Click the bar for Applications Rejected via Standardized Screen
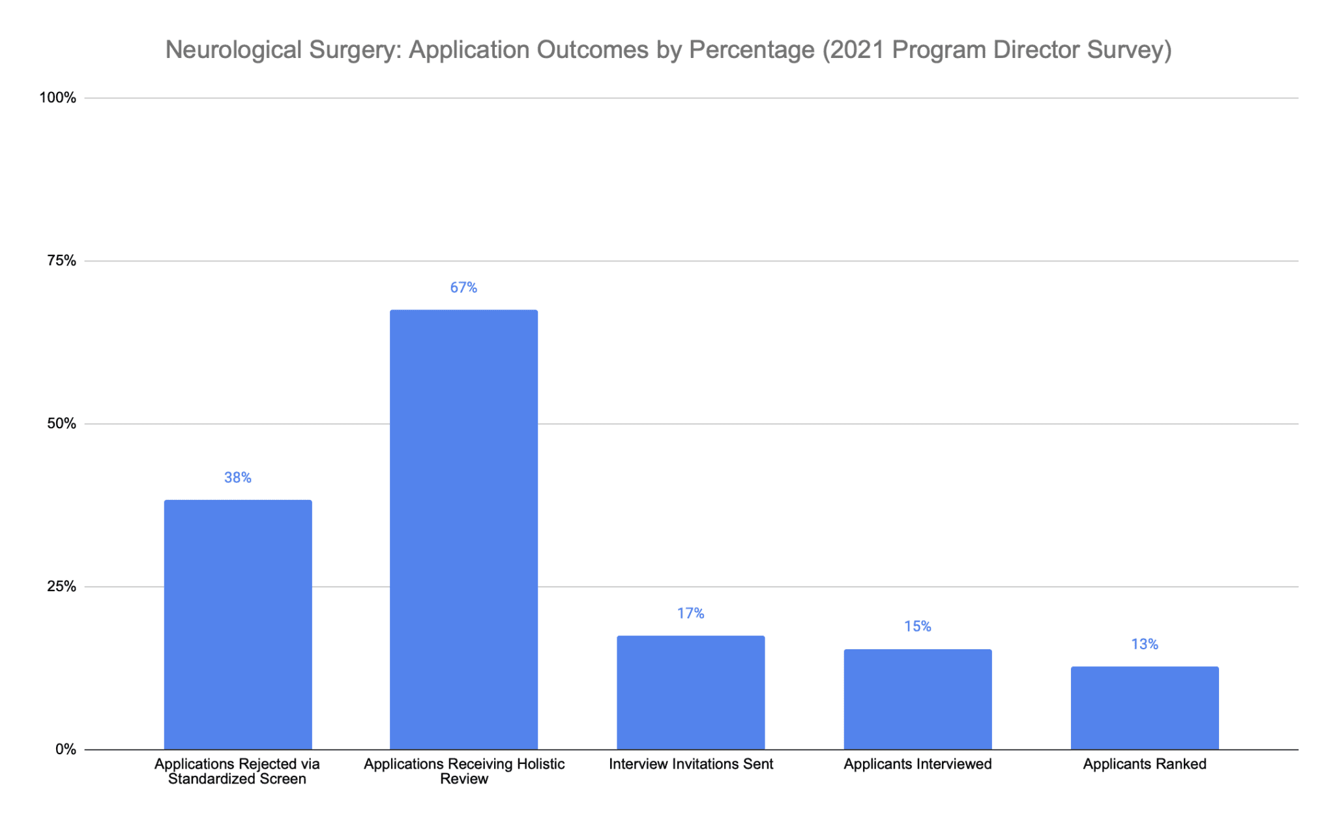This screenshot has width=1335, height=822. (238, 624)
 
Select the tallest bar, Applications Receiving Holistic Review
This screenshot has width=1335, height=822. (463, 529)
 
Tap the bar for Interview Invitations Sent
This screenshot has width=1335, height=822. (690, 692)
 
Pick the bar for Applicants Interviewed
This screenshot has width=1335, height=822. (917, 699)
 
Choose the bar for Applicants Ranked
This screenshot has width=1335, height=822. (1144, 707)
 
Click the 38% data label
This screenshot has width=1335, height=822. (238, 478)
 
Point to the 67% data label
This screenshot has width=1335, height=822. (463, 287)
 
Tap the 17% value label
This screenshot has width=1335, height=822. (690, 613)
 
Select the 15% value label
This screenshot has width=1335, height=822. (917, 626)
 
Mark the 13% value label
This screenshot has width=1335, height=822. (1144, 645)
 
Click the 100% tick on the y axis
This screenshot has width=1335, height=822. (58, 98)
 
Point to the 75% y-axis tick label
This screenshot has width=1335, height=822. (61, 261)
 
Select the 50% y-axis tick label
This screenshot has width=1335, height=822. (61, 424)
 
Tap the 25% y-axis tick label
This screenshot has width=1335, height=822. (61, 587)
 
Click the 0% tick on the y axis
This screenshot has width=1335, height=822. (65, 750)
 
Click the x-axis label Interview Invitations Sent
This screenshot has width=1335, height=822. (690, 764)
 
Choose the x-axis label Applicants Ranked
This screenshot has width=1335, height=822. (1144, 764)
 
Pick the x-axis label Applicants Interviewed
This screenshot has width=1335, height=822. (917, 764)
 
